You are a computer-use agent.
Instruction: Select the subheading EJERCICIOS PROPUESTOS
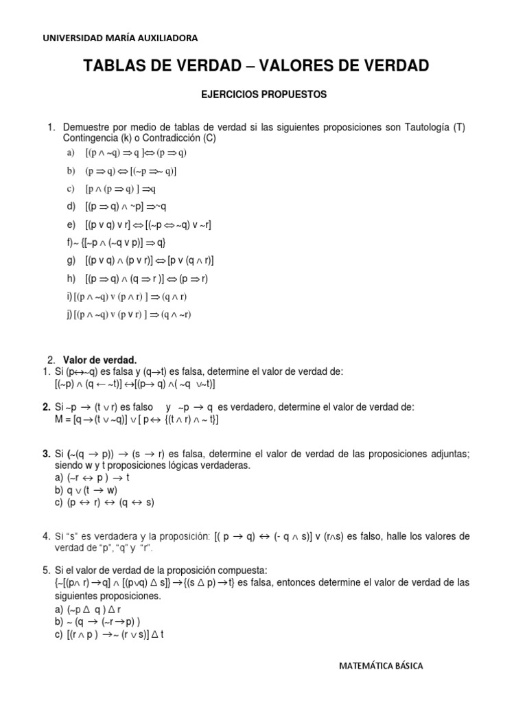263,95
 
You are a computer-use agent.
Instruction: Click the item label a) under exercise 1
71,153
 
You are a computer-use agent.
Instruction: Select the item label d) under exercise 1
71,207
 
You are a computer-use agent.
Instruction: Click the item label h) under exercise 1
71,279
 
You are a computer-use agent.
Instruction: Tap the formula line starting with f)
117,242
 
